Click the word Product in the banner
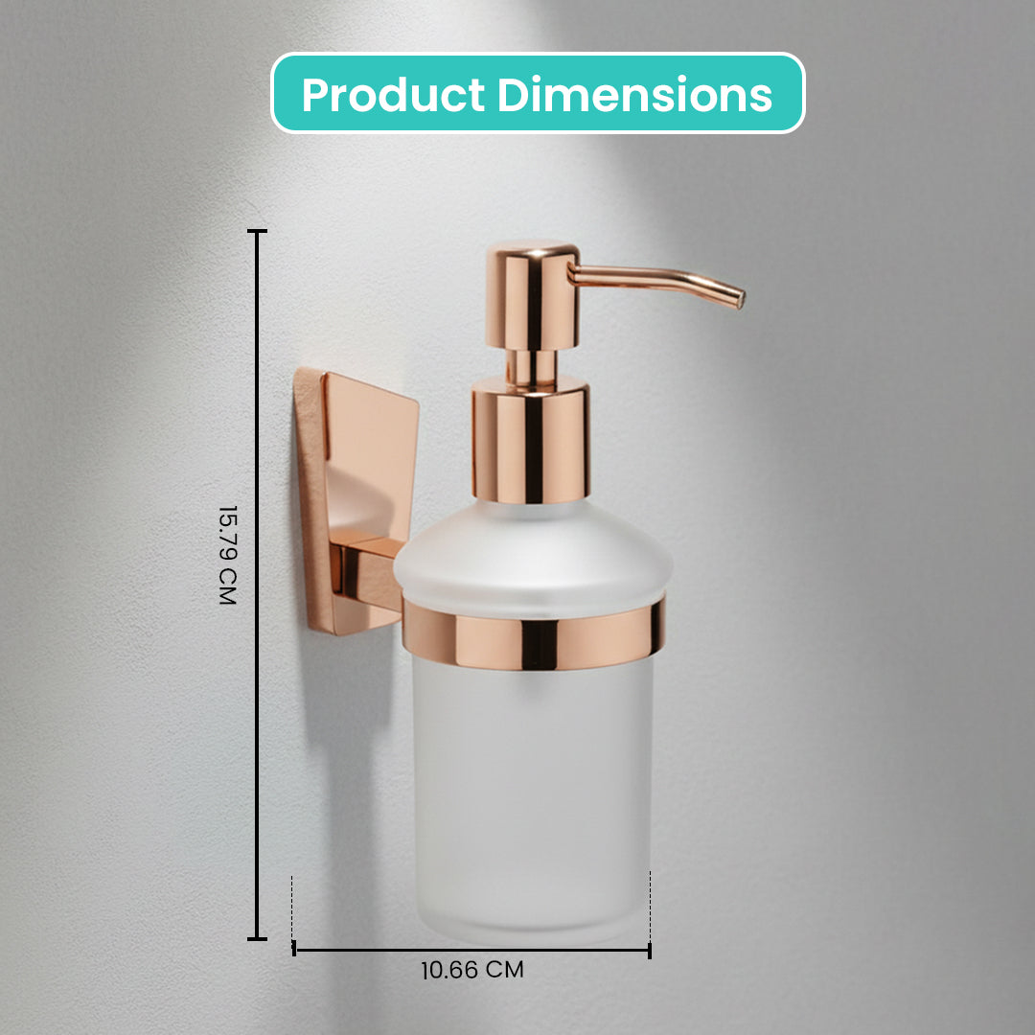tap(394, 94)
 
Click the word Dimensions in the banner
tap(634, 94)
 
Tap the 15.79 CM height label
tap(227, 555)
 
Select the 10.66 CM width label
tap(471, 970)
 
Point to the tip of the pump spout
tap(741, 300)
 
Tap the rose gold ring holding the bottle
tap(534, 632)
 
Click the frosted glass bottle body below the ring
tap(533, 798)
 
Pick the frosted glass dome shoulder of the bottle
tap(533, 555)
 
